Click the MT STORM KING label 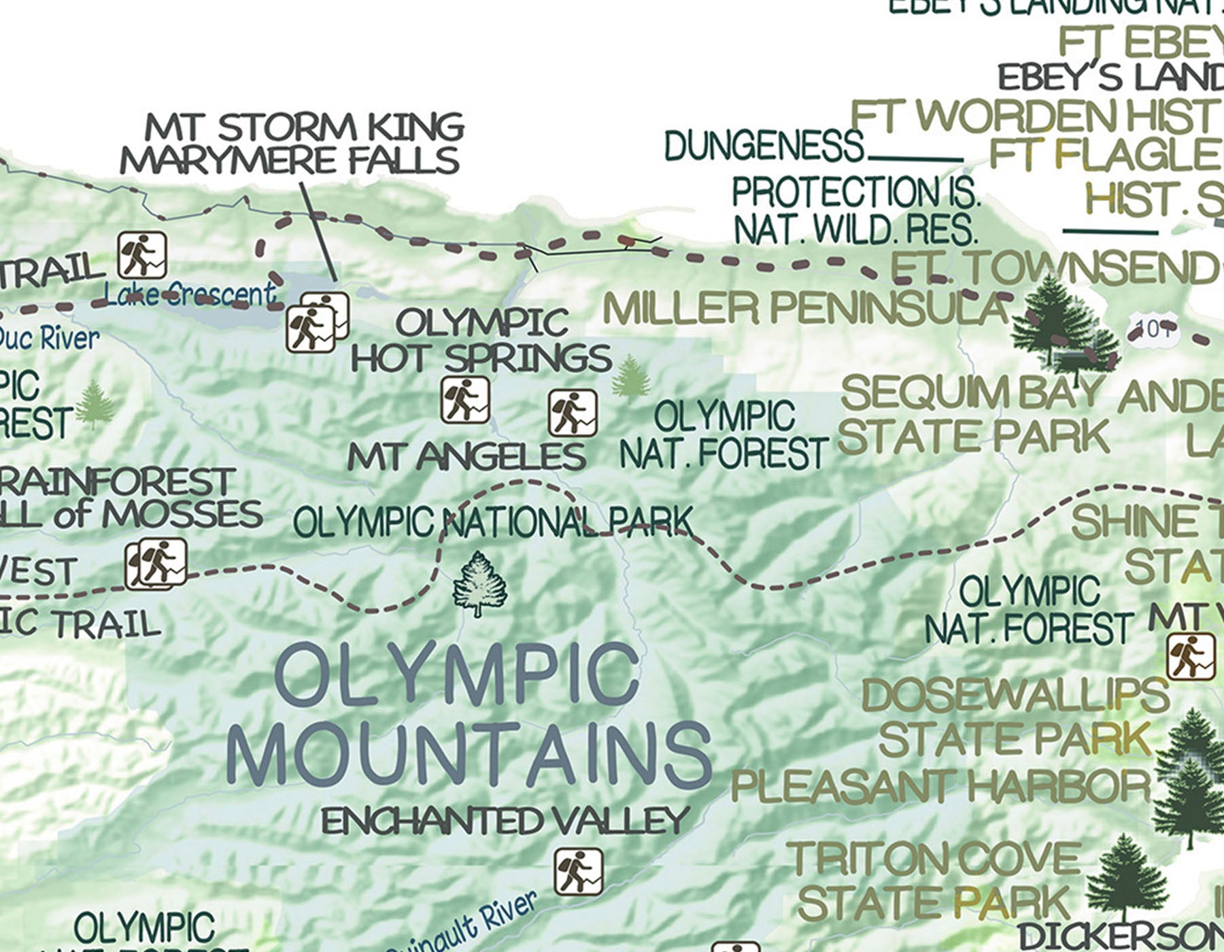point(305,127)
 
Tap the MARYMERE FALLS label point(290,160)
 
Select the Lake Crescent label point(190,294)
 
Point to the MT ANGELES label point(466,456)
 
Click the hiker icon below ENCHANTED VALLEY point(578,872)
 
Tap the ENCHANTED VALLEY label point(506,821)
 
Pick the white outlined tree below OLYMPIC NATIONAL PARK point(480,584)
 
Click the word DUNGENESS point(764,146)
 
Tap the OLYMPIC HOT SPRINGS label point(481,340)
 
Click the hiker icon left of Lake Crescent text point(142,255)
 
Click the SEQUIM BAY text point(971,393)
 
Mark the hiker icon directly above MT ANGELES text point(465,399)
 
